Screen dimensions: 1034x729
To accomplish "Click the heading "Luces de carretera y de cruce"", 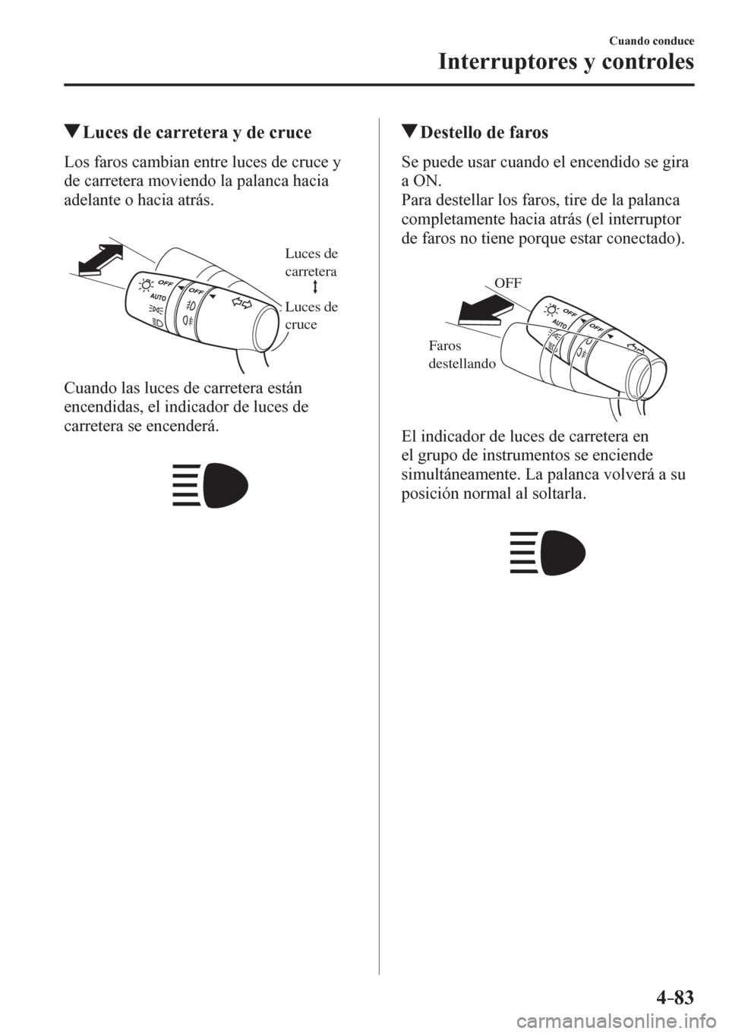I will (x=197, y=134).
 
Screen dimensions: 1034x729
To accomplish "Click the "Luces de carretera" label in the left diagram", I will (x=312, y=261).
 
